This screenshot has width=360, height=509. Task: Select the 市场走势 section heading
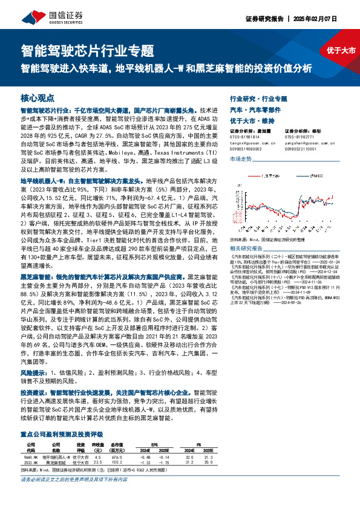click(241, 158)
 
